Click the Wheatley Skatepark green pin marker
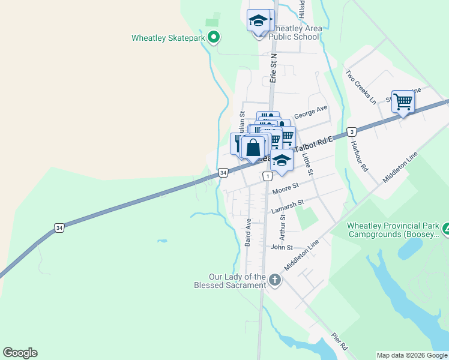pyautogui.click(x=214, y=38)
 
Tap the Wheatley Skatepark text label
pyautogui.click(x=169, y=38)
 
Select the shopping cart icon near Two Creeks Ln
pyautogui.click(x=403, y=101)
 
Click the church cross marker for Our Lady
pyautogui.click(x=275, y=280)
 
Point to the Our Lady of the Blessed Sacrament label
pyautogui.click(x=237, y=281)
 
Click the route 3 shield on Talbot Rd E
pyautogui.click(x=352, y=131)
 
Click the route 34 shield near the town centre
pyautogui.click(x=223, y=173)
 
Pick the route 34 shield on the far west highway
pyautogui.click(x=59, y=228)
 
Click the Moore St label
pyautogui.click(x=285, y=190)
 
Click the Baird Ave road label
pyautogui.click(x=247, y=232)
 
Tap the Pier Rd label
pyautogui.click(x=340, y=342)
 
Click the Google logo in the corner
pyautogui.click(x=20, y=353)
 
